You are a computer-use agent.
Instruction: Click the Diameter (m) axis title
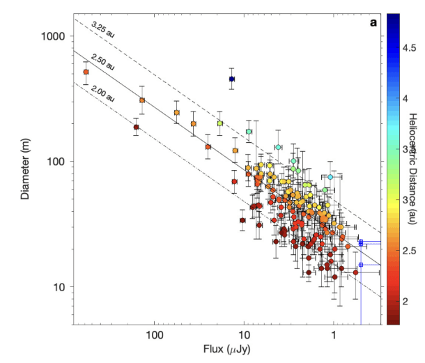tap(26, 168)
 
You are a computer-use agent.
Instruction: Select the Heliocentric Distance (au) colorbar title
tap(412, 168)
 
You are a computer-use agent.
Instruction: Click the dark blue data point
tap(232, 79)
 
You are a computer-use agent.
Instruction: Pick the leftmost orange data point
tap(86, 72)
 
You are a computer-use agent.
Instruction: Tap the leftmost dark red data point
tap(137, 127)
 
